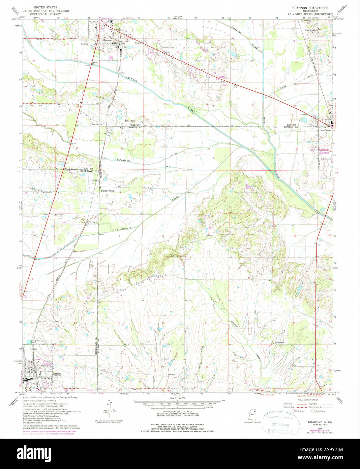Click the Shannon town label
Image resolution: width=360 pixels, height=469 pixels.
tap(107, 40)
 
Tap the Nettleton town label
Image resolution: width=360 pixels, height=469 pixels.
tap(325, 130)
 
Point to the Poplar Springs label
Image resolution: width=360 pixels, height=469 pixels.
tap(108, 191)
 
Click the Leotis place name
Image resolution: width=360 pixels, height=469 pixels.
tap(32, 188)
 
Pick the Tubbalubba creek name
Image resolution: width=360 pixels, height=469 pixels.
tap(123, 161)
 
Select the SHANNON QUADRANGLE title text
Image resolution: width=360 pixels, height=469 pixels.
tap(312, 7)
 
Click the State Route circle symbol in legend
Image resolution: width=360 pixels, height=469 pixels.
tap(313, 411)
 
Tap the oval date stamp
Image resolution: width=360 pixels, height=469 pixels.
tap(281, 423)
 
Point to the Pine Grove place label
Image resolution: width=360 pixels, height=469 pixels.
tap(130, 120)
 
